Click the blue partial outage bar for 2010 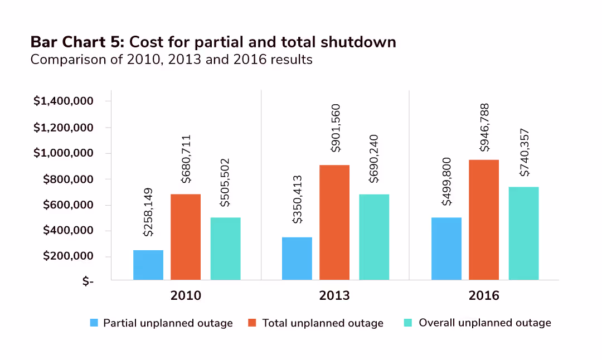pos(148,265)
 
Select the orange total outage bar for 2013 pos(334,222)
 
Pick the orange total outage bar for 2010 pos(186,237)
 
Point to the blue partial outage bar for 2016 pos(446,249)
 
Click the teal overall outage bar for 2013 pos(374,237)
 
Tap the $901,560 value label pos(334,129)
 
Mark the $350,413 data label pos(297,199)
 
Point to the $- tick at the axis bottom pos(88,282)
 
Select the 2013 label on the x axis pos(334,295)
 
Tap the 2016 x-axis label pos(484,295)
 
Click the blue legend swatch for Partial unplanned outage pos(94,323)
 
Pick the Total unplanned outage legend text pos(323,323)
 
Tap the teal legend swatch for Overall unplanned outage pos(407,323)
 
